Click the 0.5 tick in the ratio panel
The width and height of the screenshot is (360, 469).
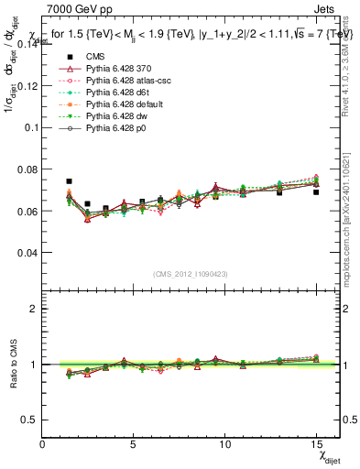(30, 420)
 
